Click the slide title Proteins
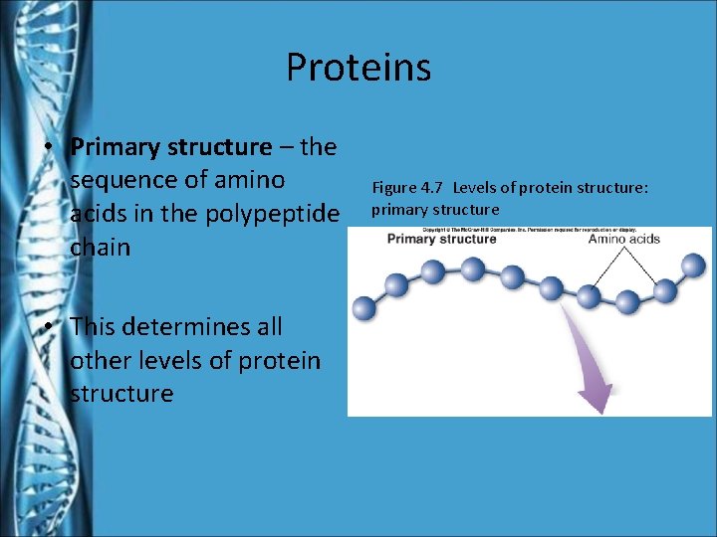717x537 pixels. pos(358,68)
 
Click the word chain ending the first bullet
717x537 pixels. pos(101,247)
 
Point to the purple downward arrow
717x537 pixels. pos(589,368)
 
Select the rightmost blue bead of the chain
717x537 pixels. pos(693,265)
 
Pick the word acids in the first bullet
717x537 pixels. pos(101,213)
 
